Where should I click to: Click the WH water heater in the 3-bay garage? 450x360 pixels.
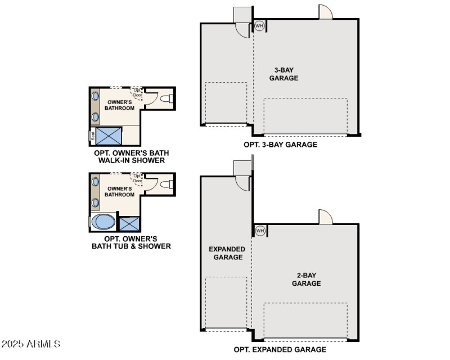tap(259, 26)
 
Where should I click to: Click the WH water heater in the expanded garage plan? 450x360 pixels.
tap(260, 231)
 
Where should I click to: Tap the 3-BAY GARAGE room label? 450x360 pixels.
tap(283, 74)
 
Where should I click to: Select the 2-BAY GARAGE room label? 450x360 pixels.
tap(306, 280)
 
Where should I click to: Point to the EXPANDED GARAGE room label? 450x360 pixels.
tap(227, 253)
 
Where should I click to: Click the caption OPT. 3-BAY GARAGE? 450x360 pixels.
tap(280, 145)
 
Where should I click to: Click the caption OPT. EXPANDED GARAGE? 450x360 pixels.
tap(280, 350)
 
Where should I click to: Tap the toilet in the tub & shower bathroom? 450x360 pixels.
tap(165, 184)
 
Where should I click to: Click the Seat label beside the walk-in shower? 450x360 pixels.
tap(91, 136)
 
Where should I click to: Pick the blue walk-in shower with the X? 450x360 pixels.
tap(109, 136)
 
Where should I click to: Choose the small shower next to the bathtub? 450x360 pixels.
tap(129, 223)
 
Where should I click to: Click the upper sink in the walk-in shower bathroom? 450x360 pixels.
tap(96, 95)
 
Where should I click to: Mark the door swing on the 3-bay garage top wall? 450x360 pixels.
tap(326, 12)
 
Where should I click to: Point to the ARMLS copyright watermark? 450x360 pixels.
tap(31, 344)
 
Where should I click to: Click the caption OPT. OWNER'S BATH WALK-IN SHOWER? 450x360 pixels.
tap(132, 156)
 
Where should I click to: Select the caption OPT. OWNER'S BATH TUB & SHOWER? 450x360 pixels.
tap(132, 242)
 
